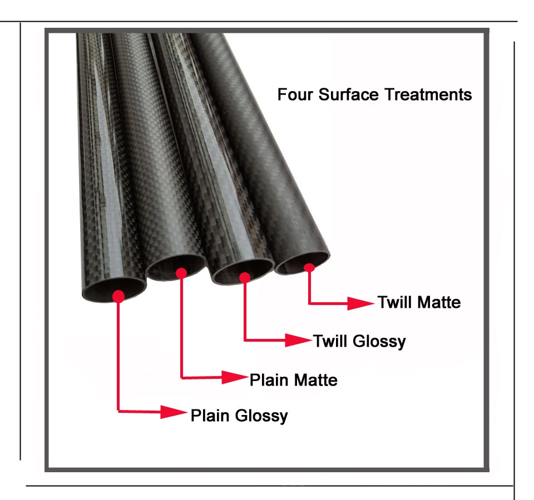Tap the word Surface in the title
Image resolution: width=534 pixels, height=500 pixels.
click(348, 94)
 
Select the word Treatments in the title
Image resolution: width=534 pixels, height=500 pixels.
click(428, 94)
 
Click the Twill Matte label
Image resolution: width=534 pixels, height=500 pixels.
click(419, 302)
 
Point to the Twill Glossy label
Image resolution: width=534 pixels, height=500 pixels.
click(360, 341)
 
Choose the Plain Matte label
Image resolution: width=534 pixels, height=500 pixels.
click(294, 380)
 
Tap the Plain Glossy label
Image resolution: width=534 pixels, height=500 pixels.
click(239, 416)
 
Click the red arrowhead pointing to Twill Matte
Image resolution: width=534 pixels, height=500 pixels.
click(360, 303)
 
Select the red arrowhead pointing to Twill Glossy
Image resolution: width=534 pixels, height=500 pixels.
click(298, 340)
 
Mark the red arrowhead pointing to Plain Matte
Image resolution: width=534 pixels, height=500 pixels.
click(235, 377)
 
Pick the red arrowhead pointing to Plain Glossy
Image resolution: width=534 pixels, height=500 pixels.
click(174, 412)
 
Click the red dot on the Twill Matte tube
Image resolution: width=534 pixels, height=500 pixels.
click(309, 268)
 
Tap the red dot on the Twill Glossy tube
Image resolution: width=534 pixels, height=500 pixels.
click(245, 278)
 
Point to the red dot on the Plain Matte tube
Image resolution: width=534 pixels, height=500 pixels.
click(181, 273)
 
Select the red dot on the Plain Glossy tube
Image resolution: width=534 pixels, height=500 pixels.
click(118, 296)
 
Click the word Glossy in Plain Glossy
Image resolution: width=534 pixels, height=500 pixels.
click(261, 416)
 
